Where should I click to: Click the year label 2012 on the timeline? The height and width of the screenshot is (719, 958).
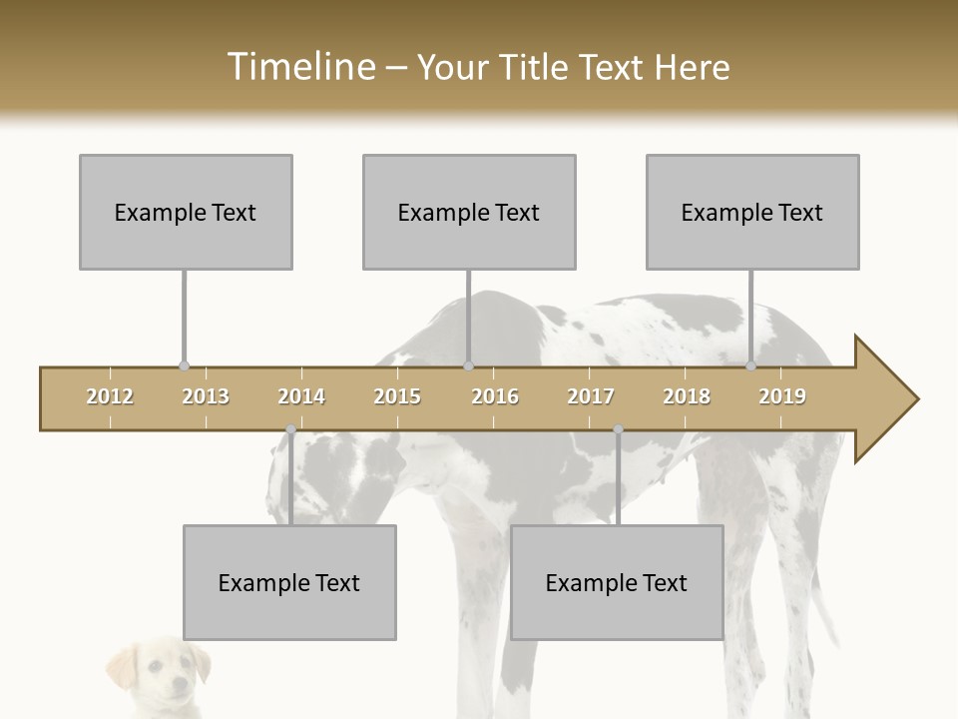coord(110,396)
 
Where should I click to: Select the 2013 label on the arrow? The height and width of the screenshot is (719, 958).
coord(206,396)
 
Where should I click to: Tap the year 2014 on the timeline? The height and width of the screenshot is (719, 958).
coord(301,396)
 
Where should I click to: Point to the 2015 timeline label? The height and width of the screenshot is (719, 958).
coord(397,396)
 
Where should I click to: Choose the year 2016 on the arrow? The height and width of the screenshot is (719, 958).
coord(495,396)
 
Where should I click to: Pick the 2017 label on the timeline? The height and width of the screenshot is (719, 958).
coord(591,396)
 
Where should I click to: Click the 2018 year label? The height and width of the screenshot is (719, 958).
coord(687,396)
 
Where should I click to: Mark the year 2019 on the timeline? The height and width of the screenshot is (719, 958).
coord(782,396)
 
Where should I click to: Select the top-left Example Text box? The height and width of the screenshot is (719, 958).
coord(186,212)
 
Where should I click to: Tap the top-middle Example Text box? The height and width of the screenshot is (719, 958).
coord(469,212)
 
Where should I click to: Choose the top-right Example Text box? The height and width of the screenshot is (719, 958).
coord(752,212)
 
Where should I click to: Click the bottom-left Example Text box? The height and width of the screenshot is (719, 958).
coord(289,582)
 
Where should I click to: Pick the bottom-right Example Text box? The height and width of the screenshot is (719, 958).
coord(617,582)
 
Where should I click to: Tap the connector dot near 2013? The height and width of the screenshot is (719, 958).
coord(184,366)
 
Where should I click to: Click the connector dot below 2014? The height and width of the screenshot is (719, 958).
coord(290,430)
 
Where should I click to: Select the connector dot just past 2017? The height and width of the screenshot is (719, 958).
coord(618,430)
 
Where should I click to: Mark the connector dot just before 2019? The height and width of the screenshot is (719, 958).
coord(751,366)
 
